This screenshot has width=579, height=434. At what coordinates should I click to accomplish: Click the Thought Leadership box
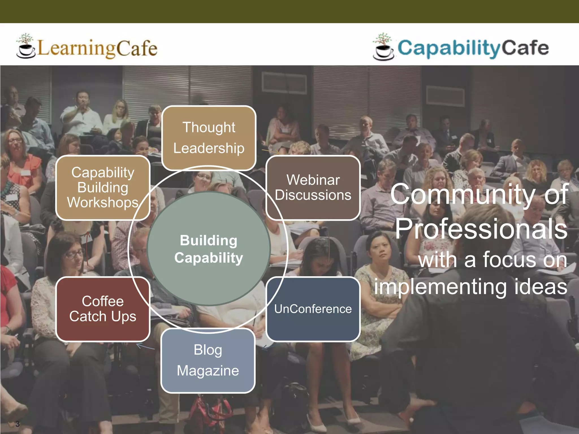pyautogui.click(x=209, y=138)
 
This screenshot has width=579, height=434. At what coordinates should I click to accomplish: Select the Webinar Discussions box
pyautogui.click(x=313, y=188)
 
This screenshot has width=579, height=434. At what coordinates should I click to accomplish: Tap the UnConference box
pyautogui.click(x=313, y=309)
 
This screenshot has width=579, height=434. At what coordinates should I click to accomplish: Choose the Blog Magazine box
pyautogui.click(x=208, y=361)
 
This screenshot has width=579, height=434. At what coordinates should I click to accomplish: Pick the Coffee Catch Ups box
pyautogui.click(x=103, y=309)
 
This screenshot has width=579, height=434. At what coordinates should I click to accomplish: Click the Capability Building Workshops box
pyautogui.click(x=103, y=188)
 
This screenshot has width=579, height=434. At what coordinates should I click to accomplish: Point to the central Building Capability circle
pyautogui.click(x=209, y=249)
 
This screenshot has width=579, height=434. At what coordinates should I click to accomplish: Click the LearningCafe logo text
pyautogui.click(x=97, y=48)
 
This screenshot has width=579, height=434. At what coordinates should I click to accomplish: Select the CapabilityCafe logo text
pyautogui.click(x=473, y=48)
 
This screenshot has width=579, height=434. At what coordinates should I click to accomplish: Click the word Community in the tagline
pyautogui.click(x=463, y=194)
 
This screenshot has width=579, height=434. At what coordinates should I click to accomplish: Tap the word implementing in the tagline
pyautogui.click(x=440, y=287)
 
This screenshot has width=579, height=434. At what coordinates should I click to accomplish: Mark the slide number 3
pyautogui.click(x=18, y=424)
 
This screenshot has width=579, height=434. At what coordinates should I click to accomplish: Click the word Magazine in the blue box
pyautogui.click(x=208, y=371)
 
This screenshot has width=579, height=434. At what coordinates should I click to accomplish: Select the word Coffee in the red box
pyautogui.click(x=103, y=301)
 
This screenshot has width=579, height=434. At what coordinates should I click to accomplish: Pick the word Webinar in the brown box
pyautogui.click(x=313, y=180)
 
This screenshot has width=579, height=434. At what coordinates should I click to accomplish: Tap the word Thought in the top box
pyautogui.click(x=209, y=127)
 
